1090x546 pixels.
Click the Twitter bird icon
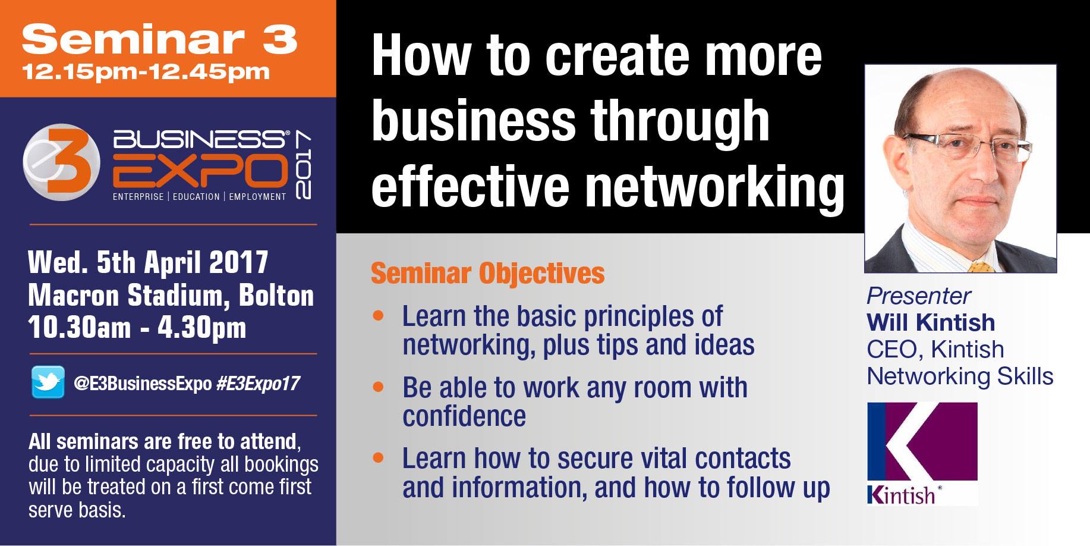coord(48,382)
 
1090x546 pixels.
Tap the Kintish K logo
coord(922,454)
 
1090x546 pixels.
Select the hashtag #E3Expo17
coord(258,384)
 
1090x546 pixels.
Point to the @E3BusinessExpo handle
coord(143,384)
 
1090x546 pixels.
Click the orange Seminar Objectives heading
coord(487,274)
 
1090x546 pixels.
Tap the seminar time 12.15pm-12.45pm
coord(146,72)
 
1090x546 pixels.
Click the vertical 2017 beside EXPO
coord(303,165)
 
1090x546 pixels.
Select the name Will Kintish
coord(931,322)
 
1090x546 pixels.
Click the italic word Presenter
coord(918,296)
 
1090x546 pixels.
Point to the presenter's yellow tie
coord(982,267)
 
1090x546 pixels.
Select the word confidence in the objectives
coord(464,416)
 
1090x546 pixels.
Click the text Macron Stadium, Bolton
coord(171,296)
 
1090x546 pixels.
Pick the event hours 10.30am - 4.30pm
coord(137,328)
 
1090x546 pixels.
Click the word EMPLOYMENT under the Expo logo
coord(257,197)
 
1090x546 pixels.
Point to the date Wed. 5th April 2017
coord(148,262)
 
